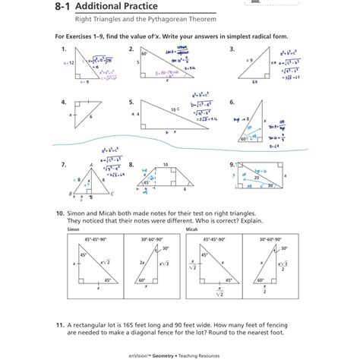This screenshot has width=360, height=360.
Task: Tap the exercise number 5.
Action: pyautogui.click(x=131, y=101)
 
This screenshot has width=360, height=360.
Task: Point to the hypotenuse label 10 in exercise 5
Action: pyautogui.click(x=173, y=110)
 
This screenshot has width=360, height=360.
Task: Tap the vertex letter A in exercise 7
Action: pyautogui.click(x=90, y=163)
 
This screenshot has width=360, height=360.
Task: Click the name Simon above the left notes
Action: pyautogui.click(x=73, y=228)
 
